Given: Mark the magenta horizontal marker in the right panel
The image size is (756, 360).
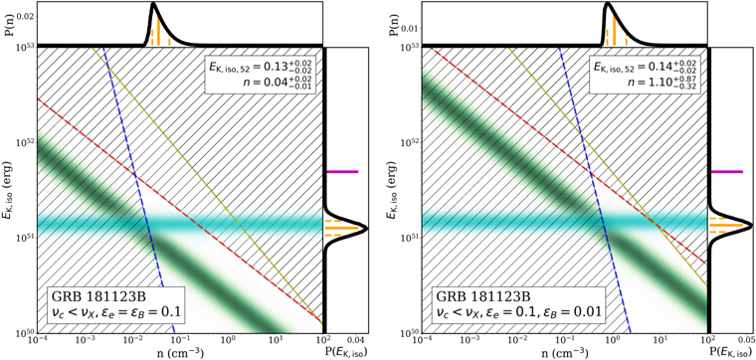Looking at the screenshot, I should click(x=727, y=172).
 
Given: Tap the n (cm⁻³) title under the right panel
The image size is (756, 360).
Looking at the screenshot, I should click(x=564, y=352).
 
